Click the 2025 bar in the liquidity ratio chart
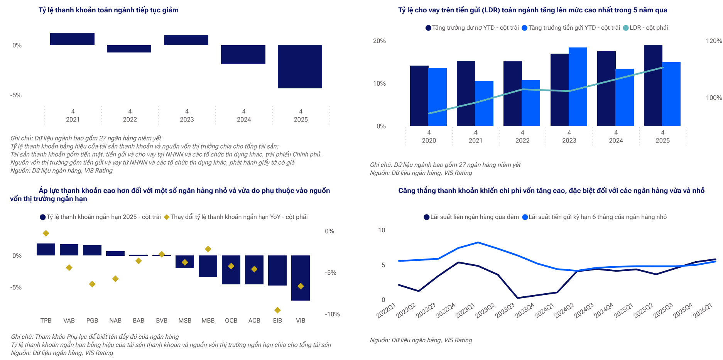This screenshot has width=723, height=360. (300, 66)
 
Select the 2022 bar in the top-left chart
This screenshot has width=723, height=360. (129, 49)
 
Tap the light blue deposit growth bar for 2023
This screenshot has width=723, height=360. (578, 87)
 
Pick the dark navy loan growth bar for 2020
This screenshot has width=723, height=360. (419, 96)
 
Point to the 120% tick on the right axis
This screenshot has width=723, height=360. (714, 41)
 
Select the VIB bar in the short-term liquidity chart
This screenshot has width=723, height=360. (301, 277)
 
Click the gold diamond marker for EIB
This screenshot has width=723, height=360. (277, 310)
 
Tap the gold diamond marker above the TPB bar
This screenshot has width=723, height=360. (46, 233)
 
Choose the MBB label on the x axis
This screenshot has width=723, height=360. (208, 321)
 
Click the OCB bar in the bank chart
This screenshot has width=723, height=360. (231, 270)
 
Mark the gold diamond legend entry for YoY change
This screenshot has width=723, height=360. (236, 217)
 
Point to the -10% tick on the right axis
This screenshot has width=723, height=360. (332, 314)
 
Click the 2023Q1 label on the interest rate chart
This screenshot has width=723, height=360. (465, 311)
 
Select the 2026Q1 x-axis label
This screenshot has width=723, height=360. (702, 311)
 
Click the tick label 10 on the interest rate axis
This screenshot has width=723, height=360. (382, 230)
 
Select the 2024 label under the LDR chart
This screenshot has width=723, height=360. (616, 140)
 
